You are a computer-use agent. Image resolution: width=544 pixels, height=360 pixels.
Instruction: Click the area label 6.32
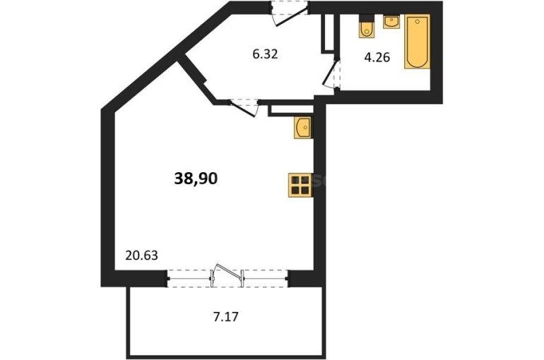coord(265,54)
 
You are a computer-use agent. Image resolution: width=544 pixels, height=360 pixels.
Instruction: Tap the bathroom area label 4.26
coord(377,57)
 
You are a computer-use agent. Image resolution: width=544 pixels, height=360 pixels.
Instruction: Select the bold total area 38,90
coord(196,179)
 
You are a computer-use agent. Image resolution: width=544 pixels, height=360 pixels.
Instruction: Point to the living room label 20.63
coord(141,256)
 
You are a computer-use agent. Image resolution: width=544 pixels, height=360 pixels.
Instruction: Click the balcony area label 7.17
coord(225,317)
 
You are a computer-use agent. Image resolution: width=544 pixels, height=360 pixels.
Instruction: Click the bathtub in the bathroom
coord(417,42)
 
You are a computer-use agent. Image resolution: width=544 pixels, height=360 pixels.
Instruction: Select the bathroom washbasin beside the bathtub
coord(391,21)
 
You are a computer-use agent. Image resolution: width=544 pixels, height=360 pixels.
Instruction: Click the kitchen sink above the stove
coord(302,128)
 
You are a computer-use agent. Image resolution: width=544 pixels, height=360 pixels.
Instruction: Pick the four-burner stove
coord(300,185)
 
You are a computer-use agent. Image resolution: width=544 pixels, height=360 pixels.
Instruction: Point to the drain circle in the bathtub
coord(418,21)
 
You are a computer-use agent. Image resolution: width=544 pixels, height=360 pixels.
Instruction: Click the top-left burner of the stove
coord(295,180)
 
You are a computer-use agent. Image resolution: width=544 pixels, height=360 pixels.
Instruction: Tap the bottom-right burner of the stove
coord(305,190)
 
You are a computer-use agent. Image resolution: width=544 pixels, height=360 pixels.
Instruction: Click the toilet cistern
coord(367,18)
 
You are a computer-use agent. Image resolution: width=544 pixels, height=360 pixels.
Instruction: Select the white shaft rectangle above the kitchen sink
coord(291,109)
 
